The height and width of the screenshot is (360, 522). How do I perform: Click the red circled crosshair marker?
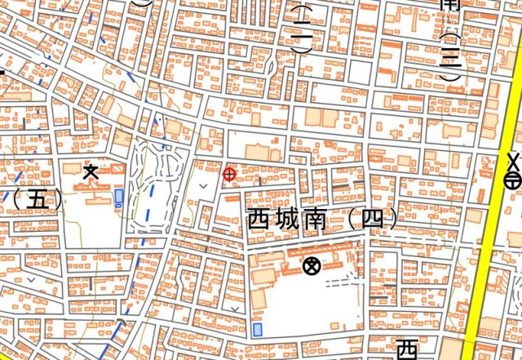[x=229, y=173]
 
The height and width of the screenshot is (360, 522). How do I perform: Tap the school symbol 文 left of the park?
[x=91, y=171]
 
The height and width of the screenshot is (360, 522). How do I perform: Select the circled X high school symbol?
[x=310, y=265]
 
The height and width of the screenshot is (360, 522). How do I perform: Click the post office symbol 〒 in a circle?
[x=513, y=180]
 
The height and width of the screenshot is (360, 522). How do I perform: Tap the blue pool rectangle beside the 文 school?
[x=120, y=198]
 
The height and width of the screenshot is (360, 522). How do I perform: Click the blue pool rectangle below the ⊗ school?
[x=257, y=330]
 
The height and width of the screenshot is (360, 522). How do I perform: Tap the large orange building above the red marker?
[x=262, y=152]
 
